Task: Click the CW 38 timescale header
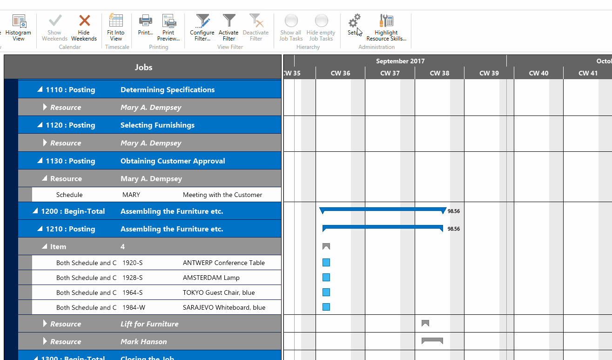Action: pos(439,73)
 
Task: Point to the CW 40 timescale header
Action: pos(538,73)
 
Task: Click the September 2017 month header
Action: pos(400,61)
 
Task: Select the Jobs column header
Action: pos(143,67)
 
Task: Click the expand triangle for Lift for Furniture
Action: pos(45,324)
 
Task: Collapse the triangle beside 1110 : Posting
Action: pos(40,90)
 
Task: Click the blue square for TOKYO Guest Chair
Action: pos(326,292)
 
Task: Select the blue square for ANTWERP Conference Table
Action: pos(326,263)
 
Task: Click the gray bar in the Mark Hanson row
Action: pos(432,341)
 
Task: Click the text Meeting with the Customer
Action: pos(222,195)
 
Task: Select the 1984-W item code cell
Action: pos(134,307)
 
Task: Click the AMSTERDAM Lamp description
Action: pos(211,278)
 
